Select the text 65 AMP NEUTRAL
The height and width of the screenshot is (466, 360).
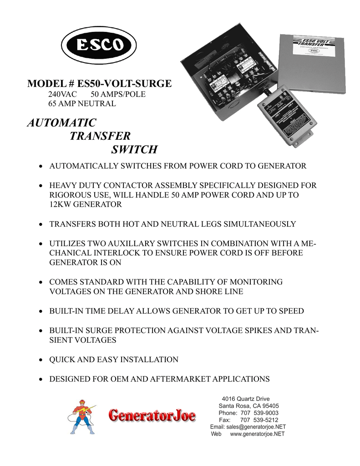tap(82, 104)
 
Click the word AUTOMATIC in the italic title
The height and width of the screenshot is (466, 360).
tap(61, 123)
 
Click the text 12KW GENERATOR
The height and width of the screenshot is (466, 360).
tap(86, 204)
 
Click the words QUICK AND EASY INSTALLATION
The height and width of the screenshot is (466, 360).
tap(114, 360)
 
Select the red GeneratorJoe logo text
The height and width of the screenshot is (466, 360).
tap(152, 415)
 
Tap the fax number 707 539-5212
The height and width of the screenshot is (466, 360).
tap(259, 420)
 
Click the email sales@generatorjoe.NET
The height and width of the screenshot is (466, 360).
tap(248, 427)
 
